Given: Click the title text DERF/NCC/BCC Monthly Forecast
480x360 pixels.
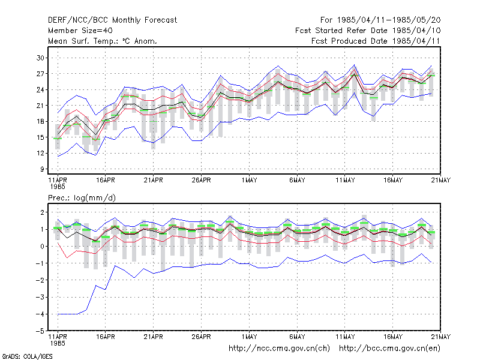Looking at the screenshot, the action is coord(112,20).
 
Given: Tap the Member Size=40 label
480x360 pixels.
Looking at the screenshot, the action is coord(80,31).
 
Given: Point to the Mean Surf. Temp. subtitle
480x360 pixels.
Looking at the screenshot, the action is coord(103,41).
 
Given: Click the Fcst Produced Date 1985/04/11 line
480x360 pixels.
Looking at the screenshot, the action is coord(376,41).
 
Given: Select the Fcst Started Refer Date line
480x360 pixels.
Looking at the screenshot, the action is coord(368,31).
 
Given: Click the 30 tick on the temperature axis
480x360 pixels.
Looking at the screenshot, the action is coord(40,58).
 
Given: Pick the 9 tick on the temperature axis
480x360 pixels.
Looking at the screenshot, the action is coord(42,169).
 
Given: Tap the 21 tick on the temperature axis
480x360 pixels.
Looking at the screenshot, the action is coord(40,106).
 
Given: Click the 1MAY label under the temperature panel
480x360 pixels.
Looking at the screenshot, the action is coord(249,181).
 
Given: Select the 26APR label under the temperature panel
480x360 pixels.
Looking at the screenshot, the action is coord(202,181).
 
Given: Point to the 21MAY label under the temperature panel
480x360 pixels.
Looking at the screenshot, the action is coord(441,181).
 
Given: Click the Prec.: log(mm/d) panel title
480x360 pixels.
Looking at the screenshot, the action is coord(82,198).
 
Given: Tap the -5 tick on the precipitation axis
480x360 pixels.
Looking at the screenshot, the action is coord(40,331).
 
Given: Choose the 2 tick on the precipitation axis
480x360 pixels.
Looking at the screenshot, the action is coord(42,212).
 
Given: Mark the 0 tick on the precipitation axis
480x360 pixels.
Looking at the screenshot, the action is coord(42,247).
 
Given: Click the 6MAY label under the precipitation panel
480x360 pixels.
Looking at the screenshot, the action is coord(297,337).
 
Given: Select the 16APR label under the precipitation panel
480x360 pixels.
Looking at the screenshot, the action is coord(106,337).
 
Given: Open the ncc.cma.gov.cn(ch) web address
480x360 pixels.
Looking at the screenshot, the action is coord(279,349).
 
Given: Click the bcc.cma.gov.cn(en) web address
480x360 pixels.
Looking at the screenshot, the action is coord(389,349).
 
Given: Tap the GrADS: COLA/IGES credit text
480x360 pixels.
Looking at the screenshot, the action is coord(27,356).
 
